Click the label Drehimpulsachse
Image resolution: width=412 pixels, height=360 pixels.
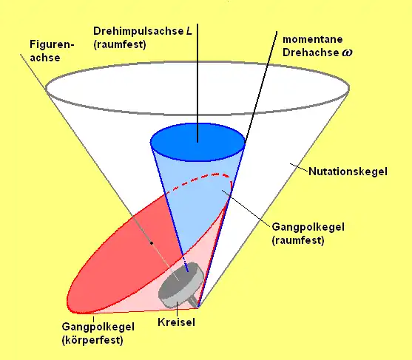click(138, 32)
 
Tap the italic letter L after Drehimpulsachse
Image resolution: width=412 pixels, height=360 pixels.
click(189, 31)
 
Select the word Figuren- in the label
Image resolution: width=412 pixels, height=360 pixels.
click(52, 44)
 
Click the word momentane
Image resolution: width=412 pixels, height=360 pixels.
click(313, 39)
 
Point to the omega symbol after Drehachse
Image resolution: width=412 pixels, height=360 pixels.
click(347, 52)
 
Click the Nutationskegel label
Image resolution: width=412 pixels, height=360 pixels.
click(348, 171)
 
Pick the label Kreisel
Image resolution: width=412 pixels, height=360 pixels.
click(176, 322)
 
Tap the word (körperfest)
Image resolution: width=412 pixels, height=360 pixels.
click(92, 340)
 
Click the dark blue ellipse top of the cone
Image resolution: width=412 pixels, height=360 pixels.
click(197, 143)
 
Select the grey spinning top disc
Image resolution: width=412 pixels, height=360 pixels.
click(180, 285)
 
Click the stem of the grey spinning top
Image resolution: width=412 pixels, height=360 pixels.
click(194, 301)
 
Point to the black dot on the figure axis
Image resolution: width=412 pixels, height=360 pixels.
click(152, 243)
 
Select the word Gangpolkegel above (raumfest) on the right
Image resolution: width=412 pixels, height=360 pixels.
click(308, 227)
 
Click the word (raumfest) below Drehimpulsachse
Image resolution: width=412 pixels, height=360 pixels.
click(120, 44)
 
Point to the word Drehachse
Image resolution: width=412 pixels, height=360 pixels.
click(311, 52)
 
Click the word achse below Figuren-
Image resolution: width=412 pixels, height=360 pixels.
click(45, 58)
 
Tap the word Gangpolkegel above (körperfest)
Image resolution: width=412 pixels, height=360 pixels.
click(98, 327)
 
